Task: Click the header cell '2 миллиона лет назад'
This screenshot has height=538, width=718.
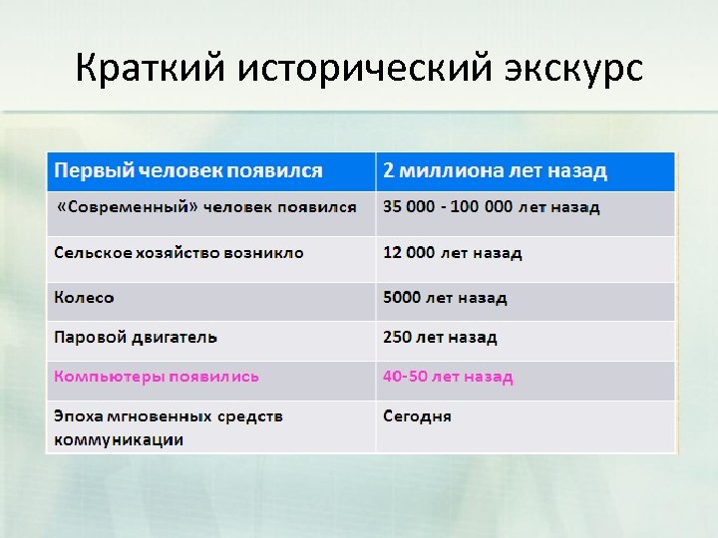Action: point(495,170)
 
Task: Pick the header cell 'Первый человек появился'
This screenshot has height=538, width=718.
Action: point(188,170)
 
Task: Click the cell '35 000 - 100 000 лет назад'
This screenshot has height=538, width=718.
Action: point(492,207)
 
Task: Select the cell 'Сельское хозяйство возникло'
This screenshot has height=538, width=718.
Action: point(179,253)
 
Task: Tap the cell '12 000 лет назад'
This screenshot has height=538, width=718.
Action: point(452,253)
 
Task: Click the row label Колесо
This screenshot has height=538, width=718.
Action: point(85,298)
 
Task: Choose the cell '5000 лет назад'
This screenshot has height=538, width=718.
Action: point(445,298)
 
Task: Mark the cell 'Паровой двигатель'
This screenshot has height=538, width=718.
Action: point(136,338)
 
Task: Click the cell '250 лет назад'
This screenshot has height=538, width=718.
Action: point(440,338)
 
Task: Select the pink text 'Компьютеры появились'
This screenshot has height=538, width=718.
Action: point(157,377)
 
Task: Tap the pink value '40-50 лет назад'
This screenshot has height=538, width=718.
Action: point(448,377)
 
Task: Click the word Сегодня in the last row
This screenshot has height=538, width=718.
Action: point(417,415)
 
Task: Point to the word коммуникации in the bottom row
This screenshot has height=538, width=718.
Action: point(119,439)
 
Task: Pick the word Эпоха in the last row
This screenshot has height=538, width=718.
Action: point(78,415)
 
